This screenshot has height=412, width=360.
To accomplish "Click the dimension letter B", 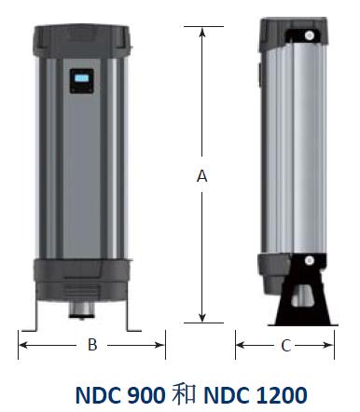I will click(x=92, y=345).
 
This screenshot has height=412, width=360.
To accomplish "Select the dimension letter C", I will click(x=285, y=345).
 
